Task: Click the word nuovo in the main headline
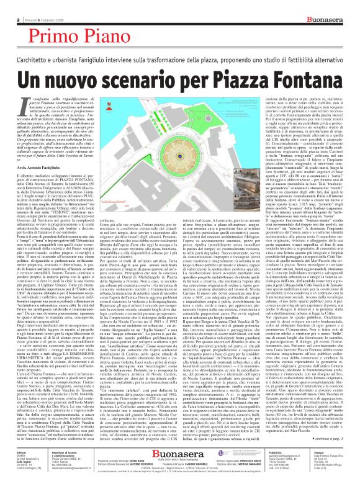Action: (x=83, y=61)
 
